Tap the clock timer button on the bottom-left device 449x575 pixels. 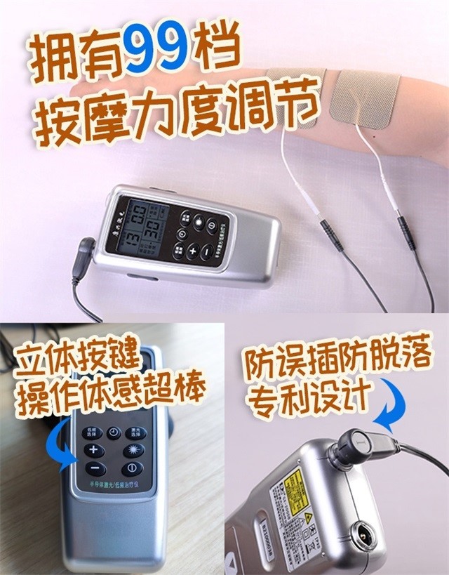coord(114,432)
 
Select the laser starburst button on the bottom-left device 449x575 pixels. coord(133,449)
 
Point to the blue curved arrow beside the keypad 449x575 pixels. coord(61,449)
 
